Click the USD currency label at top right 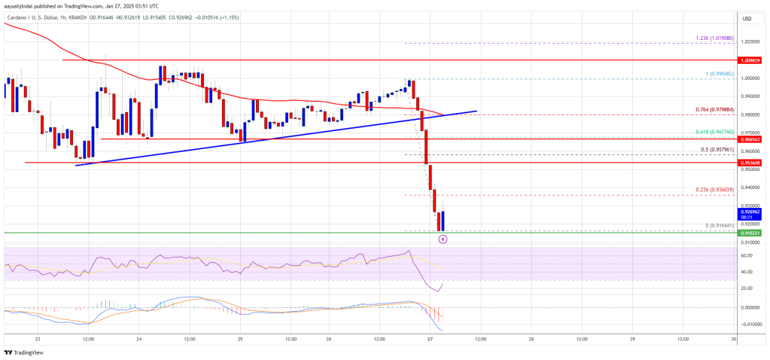pos(747,19)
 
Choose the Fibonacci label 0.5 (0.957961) pos(712,150)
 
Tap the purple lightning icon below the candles pos(443,239)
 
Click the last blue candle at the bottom pos(443,221)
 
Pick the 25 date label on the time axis pos(240,339)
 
